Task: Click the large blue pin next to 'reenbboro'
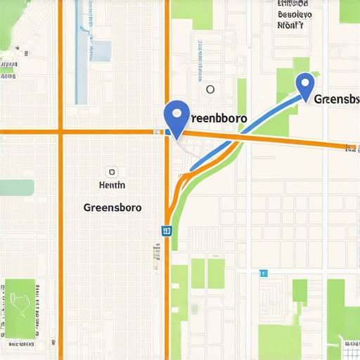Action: (x=176, y=116)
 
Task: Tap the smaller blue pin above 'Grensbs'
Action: (x=304, y=85)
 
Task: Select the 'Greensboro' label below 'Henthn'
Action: (x=112, y=208)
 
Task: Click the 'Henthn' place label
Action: (x=110, y=186)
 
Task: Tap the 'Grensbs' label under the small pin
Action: (x=337, y=99)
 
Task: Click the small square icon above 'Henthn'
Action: (x=111, y=172)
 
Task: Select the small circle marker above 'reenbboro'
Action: (x=210, y=89)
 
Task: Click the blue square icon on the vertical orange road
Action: (x=166, y=230)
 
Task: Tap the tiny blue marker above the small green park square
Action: (x=264, y=272)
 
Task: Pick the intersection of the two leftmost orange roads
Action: (x=60, y=131)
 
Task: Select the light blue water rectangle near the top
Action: (x=102, y=50)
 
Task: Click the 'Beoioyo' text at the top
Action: (x=295, y=13)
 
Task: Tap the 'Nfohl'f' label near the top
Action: (x=290, y=25)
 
